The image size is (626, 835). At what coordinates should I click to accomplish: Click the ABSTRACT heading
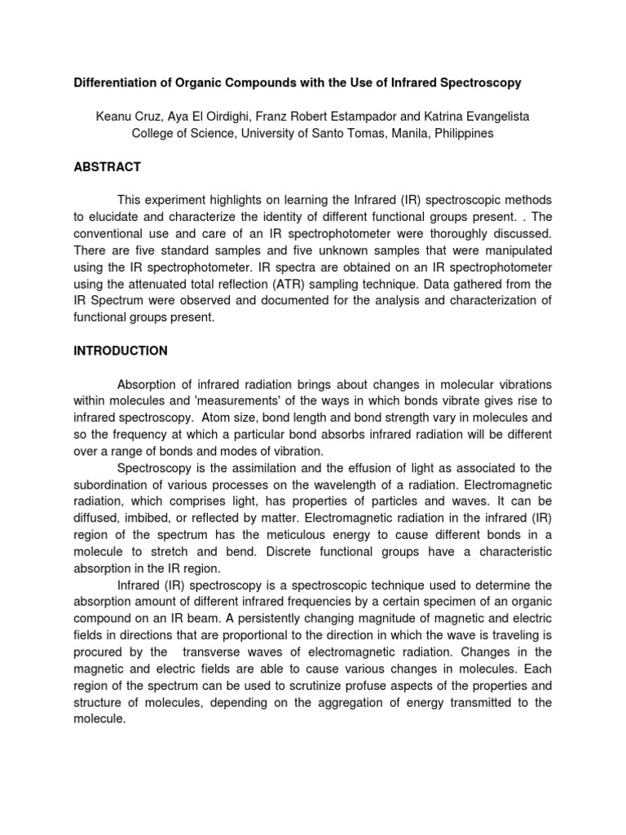click(107, 167)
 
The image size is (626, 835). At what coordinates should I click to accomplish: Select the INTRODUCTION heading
click(121, 351)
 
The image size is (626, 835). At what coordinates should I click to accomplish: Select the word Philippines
click(465, 133)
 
